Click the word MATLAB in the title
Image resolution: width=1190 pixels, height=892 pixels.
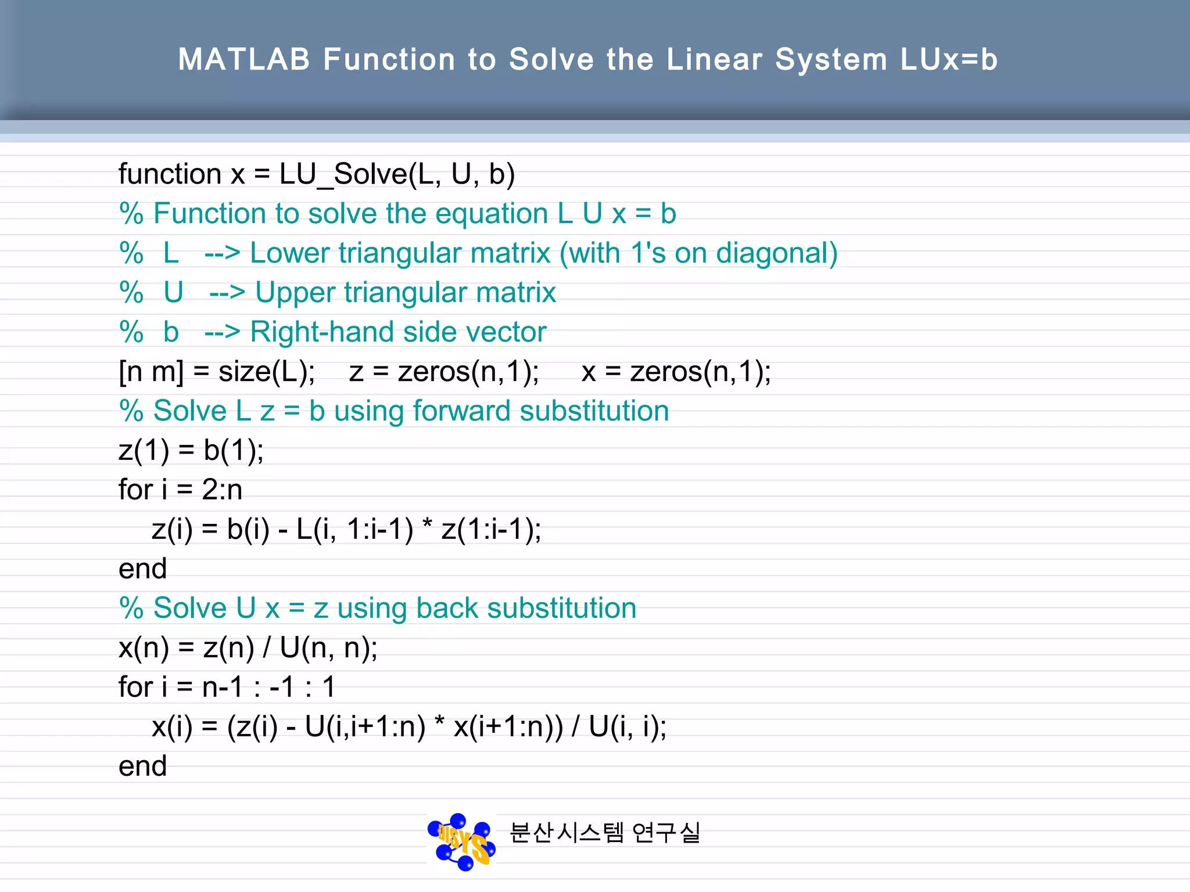pos(244,59)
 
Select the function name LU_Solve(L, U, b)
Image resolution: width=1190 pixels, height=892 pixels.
pos(397,174)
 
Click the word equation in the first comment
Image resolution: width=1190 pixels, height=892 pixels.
pos(492,214)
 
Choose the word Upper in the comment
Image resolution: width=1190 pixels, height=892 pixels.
pos(295,293)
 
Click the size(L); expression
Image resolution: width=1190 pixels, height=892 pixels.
pos(267,372)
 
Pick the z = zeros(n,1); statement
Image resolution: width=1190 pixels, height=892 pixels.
pos(444,372)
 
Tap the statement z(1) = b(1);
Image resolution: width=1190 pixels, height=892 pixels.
pos(191,451)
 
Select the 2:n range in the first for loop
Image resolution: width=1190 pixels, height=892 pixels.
pos(222,490)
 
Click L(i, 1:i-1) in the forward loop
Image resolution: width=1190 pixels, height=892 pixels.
pos(354,530)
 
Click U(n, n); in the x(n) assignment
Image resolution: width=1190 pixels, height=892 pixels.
pos(329,648)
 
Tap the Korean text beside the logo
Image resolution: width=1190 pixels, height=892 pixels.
pos(605,833)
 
